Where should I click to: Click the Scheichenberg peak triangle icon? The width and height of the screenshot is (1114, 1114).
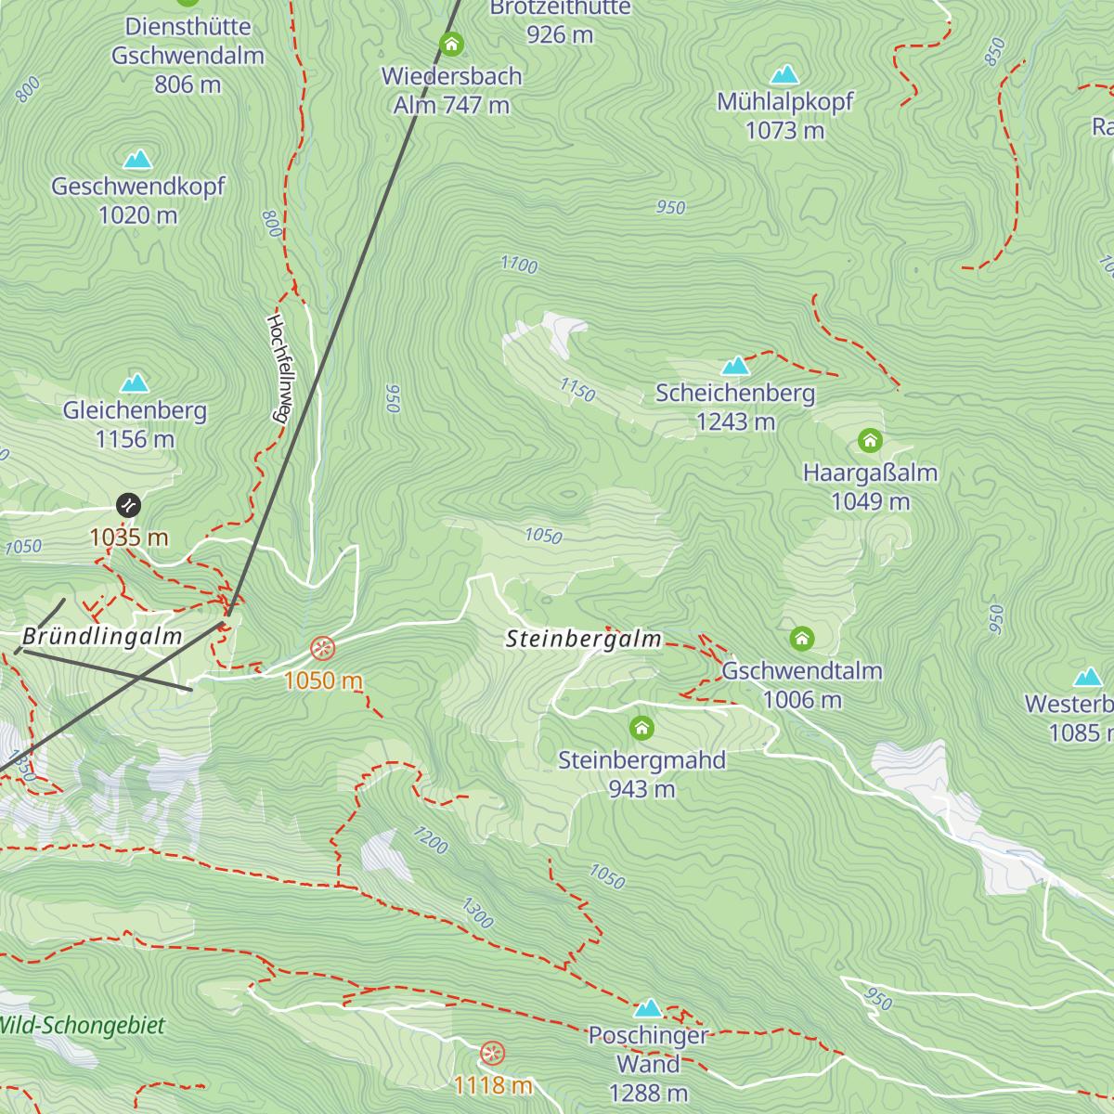[735, 366]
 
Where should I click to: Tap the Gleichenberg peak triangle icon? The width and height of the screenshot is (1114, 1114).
[135, 382]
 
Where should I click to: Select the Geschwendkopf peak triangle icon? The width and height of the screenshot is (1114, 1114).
[137, 160]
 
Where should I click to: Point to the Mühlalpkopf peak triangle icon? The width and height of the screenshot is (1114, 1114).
[784, 74]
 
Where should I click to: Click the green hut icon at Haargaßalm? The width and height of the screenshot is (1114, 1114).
[870, 440]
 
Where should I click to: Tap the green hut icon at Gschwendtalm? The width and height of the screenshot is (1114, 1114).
[802, 639]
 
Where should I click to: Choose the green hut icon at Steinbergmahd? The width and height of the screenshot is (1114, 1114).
[641, 728]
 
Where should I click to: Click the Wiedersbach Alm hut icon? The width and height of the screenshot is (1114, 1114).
[451, 44]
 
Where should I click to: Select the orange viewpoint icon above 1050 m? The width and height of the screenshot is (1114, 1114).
[322, 648]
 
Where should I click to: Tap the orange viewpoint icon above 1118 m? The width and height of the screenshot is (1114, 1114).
[493, 1054]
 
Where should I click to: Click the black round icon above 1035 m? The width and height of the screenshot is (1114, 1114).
[128, 505]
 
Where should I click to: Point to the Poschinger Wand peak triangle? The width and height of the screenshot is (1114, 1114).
[648, 1008]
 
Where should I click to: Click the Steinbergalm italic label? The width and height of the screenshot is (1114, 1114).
[583, 639]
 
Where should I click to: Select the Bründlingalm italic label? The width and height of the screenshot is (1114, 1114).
[102, 637]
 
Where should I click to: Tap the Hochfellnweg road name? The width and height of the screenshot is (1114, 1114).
[278, 368]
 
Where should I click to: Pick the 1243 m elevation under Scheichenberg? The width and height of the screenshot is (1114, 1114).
[735, 422]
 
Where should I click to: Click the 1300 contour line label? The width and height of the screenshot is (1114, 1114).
[477, 913]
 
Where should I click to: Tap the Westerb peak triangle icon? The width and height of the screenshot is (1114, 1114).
[1087, 677]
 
